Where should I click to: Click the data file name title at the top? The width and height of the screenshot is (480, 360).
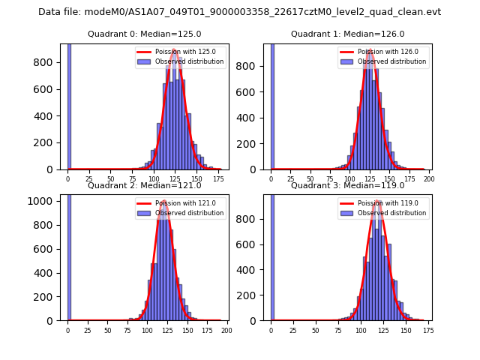coord(239,12)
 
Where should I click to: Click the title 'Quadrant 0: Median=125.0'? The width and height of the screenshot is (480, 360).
coord(145,34)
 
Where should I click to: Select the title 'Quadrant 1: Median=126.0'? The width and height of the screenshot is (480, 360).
coord(347,34)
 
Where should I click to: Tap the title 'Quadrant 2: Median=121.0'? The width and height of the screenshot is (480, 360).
coord(145,185)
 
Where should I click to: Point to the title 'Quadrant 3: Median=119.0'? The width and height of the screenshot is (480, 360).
coord(347,185)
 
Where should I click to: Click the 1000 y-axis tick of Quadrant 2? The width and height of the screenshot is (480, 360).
coord(45,201)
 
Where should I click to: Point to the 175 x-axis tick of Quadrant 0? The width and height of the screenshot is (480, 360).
coord(218,179)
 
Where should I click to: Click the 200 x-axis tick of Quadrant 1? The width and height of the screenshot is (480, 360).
coord(428,179)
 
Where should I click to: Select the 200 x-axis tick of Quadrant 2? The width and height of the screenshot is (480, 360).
coord(226,330)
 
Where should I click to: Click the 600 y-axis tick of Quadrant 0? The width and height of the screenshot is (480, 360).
coord(47,89)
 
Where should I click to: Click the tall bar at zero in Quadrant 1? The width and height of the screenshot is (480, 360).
coord(271,105)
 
